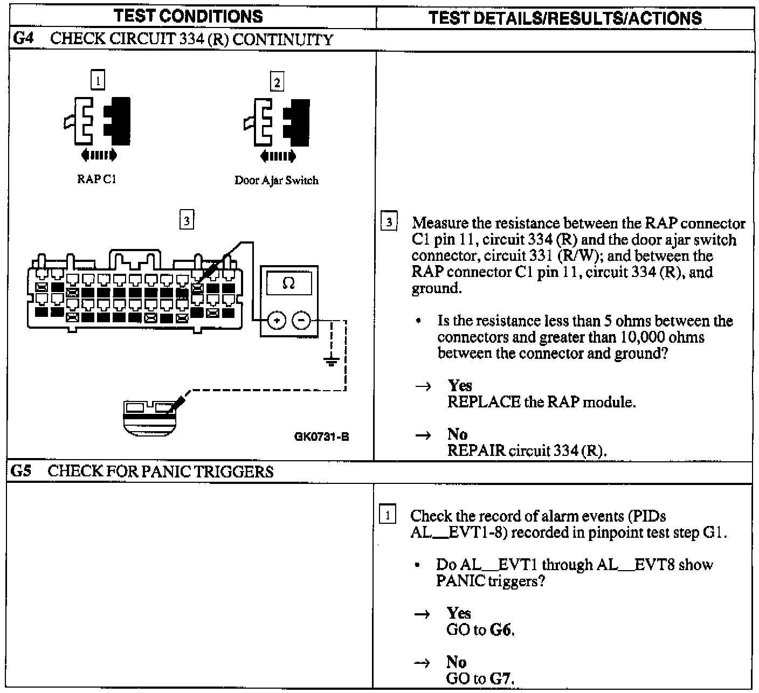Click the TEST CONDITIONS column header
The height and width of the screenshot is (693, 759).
pos(188,16)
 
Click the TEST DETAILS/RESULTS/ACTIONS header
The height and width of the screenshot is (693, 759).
pos(565,18)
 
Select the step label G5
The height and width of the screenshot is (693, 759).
pos(22,471)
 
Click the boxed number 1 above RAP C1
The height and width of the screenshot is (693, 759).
pos(98,81)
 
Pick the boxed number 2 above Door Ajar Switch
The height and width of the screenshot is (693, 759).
pos(277,82)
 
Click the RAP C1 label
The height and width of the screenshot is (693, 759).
pos(96,179)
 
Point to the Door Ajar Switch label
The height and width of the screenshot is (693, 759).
pos(276,180)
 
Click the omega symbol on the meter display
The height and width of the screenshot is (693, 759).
pos(288,283)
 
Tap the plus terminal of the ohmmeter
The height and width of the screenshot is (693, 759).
pos(277,321)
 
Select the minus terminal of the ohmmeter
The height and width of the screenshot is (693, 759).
pos(301,321)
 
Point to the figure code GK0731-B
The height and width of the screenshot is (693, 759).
pos(321,436)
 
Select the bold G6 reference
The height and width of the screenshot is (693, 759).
pos(501,629)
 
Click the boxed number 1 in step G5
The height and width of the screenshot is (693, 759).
pos(388,515)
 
